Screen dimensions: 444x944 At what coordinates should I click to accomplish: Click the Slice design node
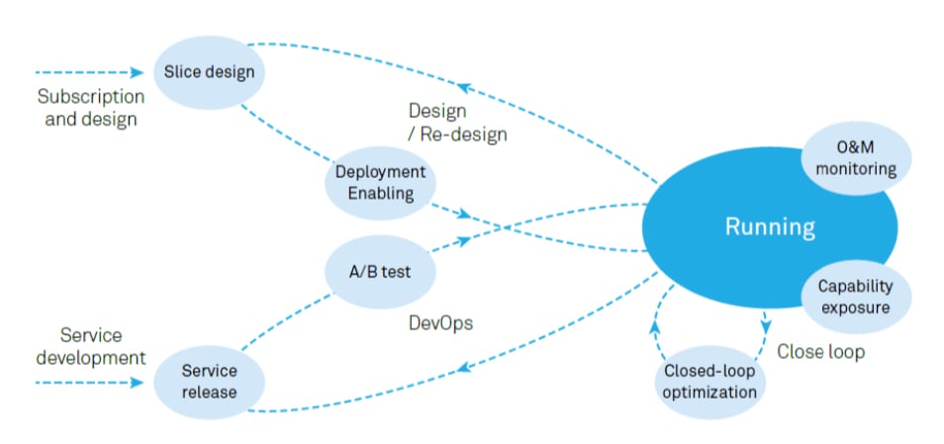[x=208, y=72]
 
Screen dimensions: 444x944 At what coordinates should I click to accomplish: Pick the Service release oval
[x=210, y=381]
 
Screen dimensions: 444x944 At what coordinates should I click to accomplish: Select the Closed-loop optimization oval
[x=710, y=382]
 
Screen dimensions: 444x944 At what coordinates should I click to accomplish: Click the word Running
[x=770, y=227]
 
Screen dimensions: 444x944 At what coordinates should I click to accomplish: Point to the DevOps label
[x=440, y=323]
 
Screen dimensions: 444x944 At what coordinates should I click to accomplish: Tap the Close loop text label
[x=820, y=351]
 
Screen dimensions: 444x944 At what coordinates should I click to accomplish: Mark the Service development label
[x=91, y=346]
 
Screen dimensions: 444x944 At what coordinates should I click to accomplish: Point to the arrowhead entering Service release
[x=139, y=381]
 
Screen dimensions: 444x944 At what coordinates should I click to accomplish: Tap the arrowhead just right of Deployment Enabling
[x=459, y=215]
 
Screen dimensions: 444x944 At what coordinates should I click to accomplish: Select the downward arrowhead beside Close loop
[x=765, y=325]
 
